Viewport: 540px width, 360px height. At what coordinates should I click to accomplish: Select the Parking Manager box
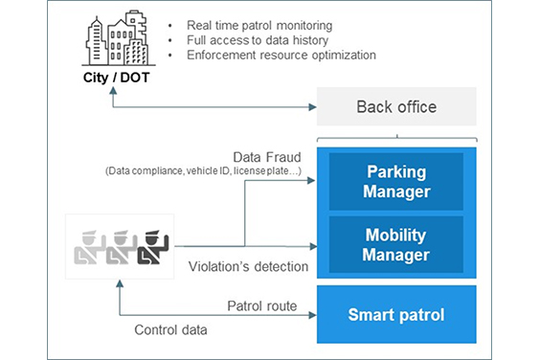[395, 182]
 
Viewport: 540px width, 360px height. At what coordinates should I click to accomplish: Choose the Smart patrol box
[395, 312]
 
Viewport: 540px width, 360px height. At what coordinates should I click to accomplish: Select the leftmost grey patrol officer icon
[87, 246]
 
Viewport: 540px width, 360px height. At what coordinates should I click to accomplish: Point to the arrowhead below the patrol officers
[118, 283]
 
